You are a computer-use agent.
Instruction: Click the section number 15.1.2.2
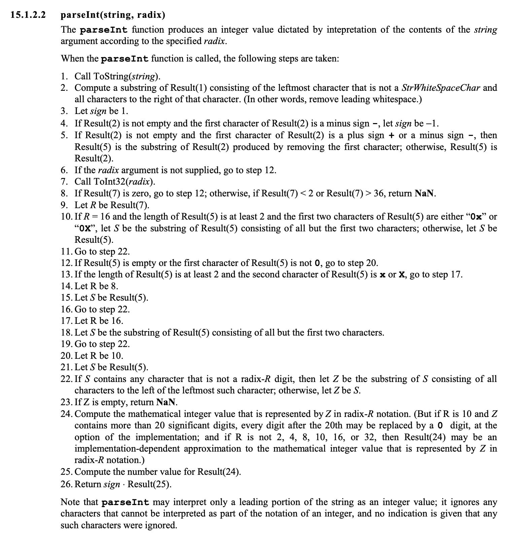(x=28, y=15)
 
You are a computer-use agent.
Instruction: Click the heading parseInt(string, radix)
(x=113, y=15)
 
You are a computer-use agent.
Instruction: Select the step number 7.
(x=64, y=182)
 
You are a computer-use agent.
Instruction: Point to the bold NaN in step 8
(x=425, y=193)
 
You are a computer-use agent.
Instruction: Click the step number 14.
(x=67, y=286)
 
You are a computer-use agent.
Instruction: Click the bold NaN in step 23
(x=166, y=402)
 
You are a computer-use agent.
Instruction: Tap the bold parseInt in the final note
(x=125, y=502)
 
